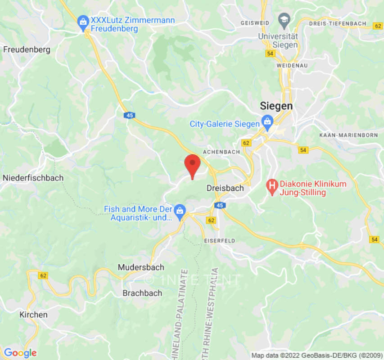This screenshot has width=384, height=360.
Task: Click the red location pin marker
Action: click(x=193, y=164)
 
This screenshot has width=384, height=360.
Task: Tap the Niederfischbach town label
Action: click(x=33, y=178)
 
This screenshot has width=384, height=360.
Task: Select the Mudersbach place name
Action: click(x=141, y=267)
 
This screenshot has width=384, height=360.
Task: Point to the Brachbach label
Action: click(x=142, y=293)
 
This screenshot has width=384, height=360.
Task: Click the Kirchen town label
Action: click(x=33, y=315)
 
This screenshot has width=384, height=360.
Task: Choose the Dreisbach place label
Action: click(x=225, y=188)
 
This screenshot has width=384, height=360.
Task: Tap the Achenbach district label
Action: click(x=221, y=152)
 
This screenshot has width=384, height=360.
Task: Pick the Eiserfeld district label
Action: click(x=220, y=241)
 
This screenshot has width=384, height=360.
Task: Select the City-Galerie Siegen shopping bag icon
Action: click(x=267, y=121)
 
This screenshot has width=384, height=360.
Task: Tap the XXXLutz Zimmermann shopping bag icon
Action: click(x=83, y=21)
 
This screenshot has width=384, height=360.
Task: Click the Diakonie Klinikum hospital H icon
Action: click(x=272, y=185)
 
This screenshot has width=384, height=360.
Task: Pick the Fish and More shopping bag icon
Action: click(x=180, y=210)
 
